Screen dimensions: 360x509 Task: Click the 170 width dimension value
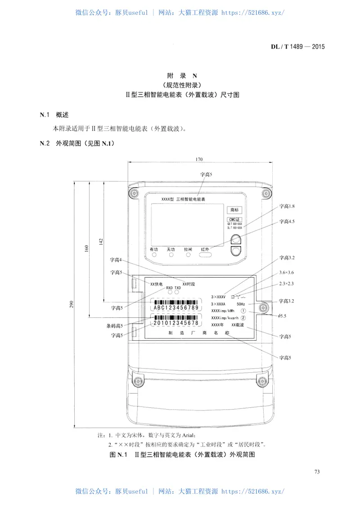click(199, 159)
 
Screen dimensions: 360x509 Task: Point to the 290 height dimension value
click(72, 305)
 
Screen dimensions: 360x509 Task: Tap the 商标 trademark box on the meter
click(234, 210)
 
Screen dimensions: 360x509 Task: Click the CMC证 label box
click(234, 219)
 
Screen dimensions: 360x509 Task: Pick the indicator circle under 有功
click(154, 255)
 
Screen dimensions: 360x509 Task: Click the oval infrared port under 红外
click(205, 255)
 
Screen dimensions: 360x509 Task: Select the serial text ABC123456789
click(176, 308)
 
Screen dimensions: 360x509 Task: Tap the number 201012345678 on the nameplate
click(176, 323)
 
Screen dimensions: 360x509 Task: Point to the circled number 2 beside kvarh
click(243, 318)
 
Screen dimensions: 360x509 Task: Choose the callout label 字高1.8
click(287, 206)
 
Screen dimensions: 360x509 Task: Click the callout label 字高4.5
click(287, 221)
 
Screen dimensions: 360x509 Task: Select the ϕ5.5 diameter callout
click(283, 316)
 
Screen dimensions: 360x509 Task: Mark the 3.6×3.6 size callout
click(287, 273)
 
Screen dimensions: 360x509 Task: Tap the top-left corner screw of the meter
click(134, 193)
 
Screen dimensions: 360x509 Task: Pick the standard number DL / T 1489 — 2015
click(297, 46)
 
